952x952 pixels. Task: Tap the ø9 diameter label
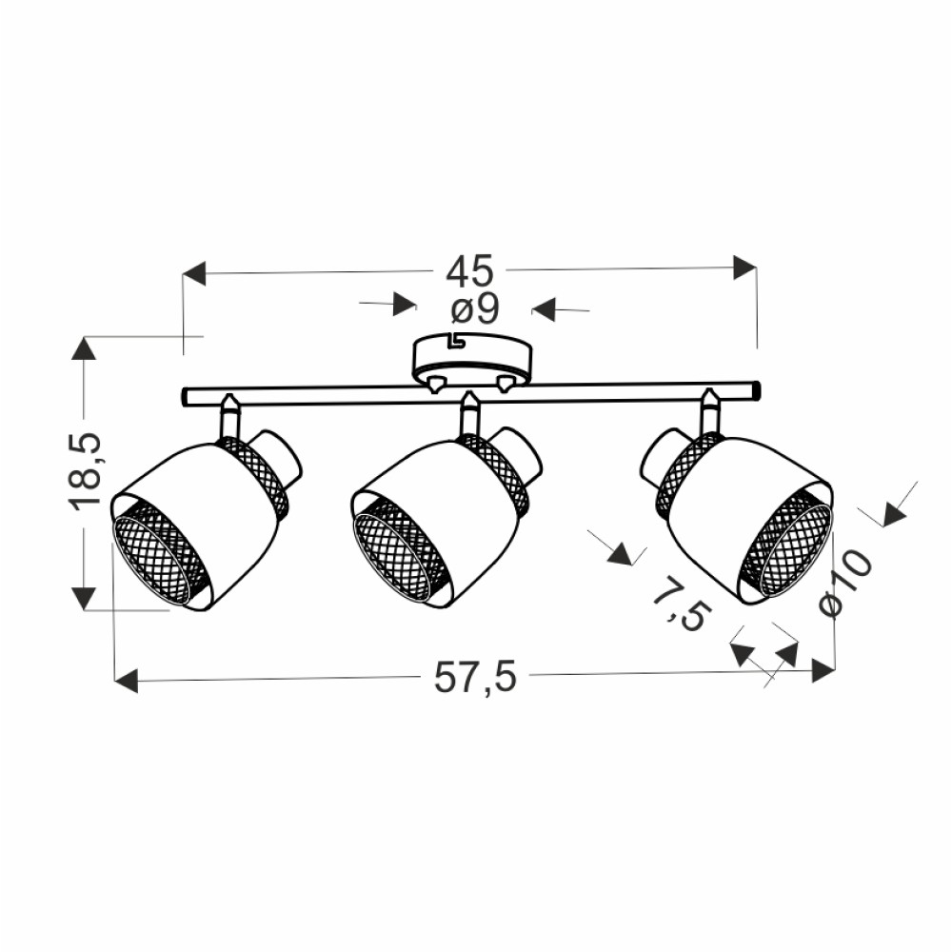point(474,310)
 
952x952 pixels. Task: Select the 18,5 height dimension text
point(85,471)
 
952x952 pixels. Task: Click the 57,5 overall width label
point(475,677)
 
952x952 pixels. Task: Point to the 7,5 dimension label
point(680,605)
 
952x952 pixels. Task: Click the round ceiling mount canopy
point(473,362)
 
